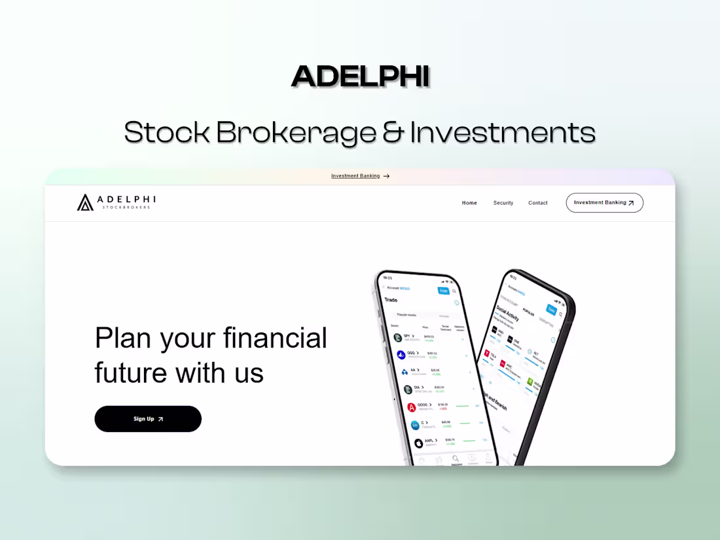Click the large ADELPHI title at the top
360,77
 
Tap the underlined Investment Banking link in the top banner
355,176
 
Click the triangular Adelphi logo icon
85,203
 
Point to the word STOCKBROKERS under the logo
126,207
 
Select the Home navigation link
469,203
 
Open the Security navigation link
503,203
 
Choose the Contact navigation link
538,203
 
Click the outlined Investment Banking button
604,203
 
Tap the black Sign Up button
148,419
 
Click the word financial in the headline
275,338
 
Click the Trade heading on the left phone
391,300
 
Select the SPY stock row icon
397,337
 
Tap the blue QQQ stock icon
401,355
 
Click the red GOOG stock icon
412,407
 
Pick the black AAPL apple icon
418,443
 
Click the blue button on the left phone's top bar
443,291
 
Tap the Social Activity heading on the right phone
507,313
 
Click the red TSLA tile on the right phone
487,354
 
